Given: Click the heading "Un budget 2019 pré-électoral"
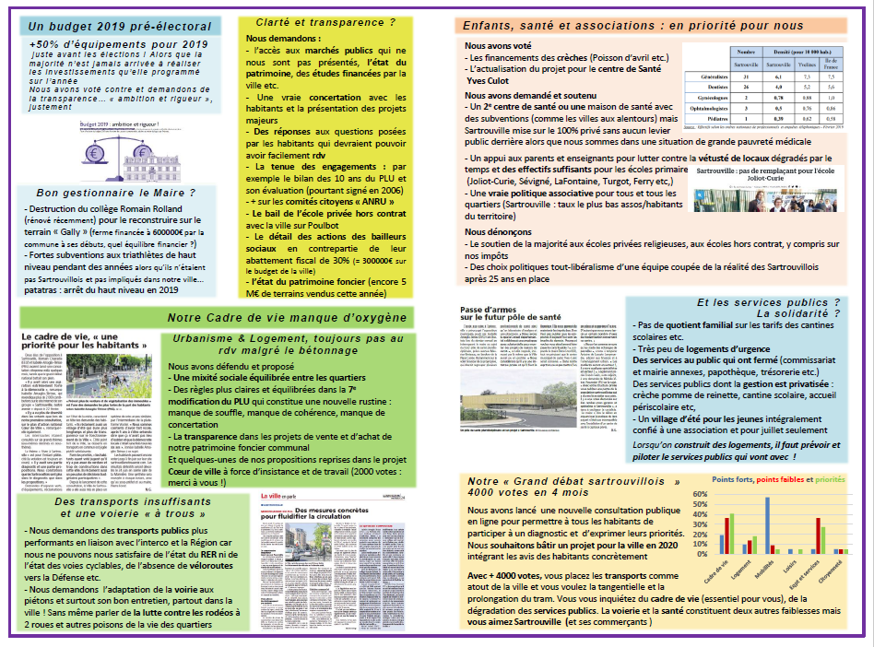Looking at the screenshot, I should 120,27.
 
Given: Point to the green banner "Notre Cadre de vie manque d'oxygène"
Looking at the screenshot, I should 287,318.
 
